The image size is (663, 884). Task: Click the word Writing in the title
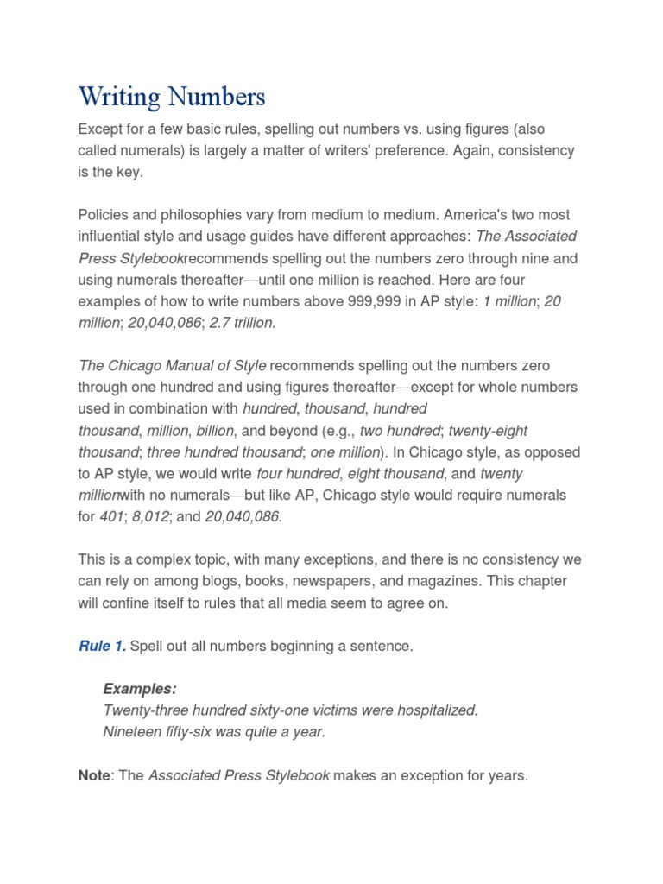pyautogui.click(x=119, y=97)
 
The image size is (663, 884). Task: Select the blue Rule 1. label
pyautogui.click(x=102, y=646)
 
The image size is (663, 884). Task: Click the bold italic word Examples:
pyautogui.click(x=140, y=689)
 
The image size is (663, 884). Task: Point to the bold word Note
pyautogui.click(x=94, y=775)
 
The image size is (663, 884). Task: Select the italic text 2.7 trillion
pyautogui.click(x=243, y=323)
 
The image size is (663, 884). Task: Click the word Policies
pyautogui.click(x=103, y=215)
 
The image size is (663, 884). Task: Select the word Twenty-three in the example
pyautogui.click(x=141, y=710)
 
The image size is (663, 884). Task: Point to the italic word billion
pyautogui.click(x=214, y=431)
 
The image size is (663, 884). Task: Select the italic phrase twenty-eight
pyautogui.click(x=488, y=431)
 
